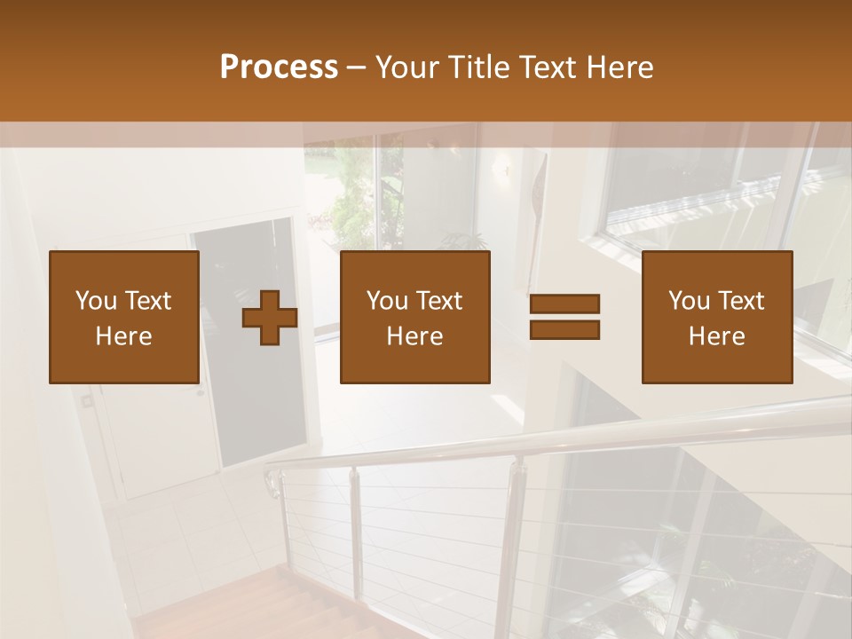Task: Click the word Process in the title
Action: click(x=279, y=67)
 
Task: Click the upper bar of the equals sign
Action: click(x=564, y=304)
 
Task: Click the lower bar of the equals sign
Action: click(x=564, y=330)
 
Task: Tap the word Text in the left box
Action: click(x=148, y=301)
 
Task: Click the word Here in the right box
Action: click(x=717, y=336)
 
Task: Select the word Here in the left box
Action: click(x=124, y=336)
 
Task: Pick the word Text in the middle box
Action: click(x=439, y=301)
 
